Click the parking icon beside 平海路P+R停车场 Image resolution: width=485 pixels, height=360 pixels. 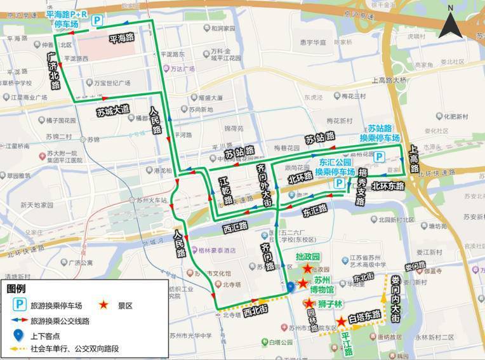pos(97,22)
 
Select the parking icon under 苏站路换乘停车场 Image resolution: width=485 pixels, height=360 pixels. pos(378,156)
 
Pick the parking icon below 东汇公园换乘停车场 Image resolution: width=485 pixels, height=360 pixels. pos(340,183)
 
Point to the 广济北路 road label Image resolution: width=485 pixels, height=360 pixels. pos(55,70)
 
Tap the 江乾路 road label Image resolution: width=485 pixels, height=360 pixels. pos(225,190)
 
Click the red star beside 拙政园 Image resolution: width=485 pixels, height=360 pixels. pos(308,269)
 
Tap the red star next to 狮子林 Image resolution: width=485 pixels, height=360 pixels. pos(309,303)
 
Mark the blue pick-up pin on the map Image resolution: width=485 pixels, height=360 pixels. pos(290,287)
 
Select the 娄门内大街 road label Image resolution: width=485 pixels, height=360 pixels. pos(395,299)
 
